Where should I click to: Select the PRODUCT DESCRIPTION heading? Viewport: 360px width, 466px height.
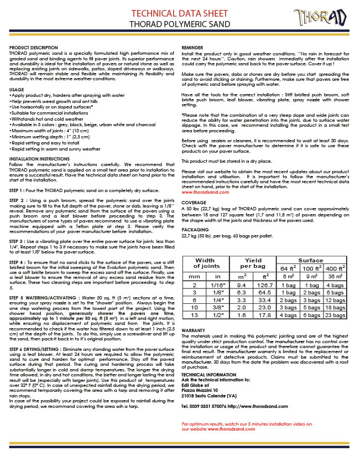pyautogui.click(x=33, y=49)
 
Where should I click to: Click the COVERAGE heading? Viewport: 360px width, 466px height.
pyautogui.click(x=194, y=202)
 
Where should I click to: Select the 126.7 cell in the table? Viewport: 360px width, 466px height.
pyautogui.click(x=264, y=286)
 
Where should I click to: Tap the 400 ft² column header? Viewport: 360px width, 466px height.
pyautogui.click(x=335, y=268)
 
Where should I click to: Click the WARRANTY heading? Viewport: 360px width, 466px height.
pyautogui.click(x=193, y=330)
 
